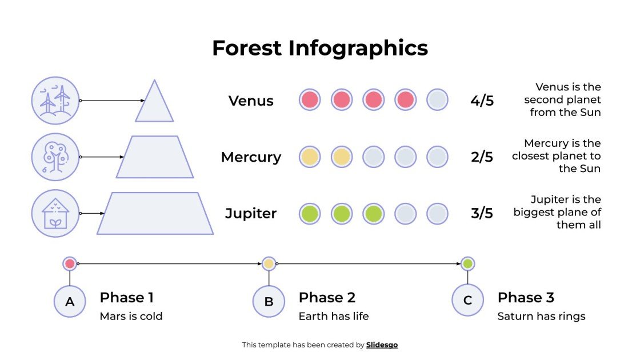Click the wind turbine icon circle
click(55, 101)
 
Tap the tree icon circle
click(55, 157)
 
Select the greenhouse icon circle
click(55, 214)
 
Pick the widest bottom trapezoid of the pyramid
click(155, 214)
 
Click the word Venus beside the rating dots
click(251, 101)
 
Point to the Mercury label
click(251, 157)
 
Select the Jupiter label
click(251, 214)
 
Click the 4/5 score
click(482, 101)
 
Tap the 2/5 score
click(482, 157)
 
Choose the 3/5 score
click(482, 214)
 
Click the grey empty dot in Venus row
click(437, 100)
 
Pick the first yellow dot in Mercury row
click(310, 157)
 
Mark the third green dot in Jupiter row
click(373, 214)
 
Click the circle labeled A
click(70, 301)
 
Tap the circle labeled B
click(269, 301)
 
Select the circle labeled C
click(467, 301)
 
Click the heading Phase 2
click(327, 298)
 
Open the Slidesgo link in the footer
click(382, 345)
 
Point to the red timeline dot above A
click(70, 263)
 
